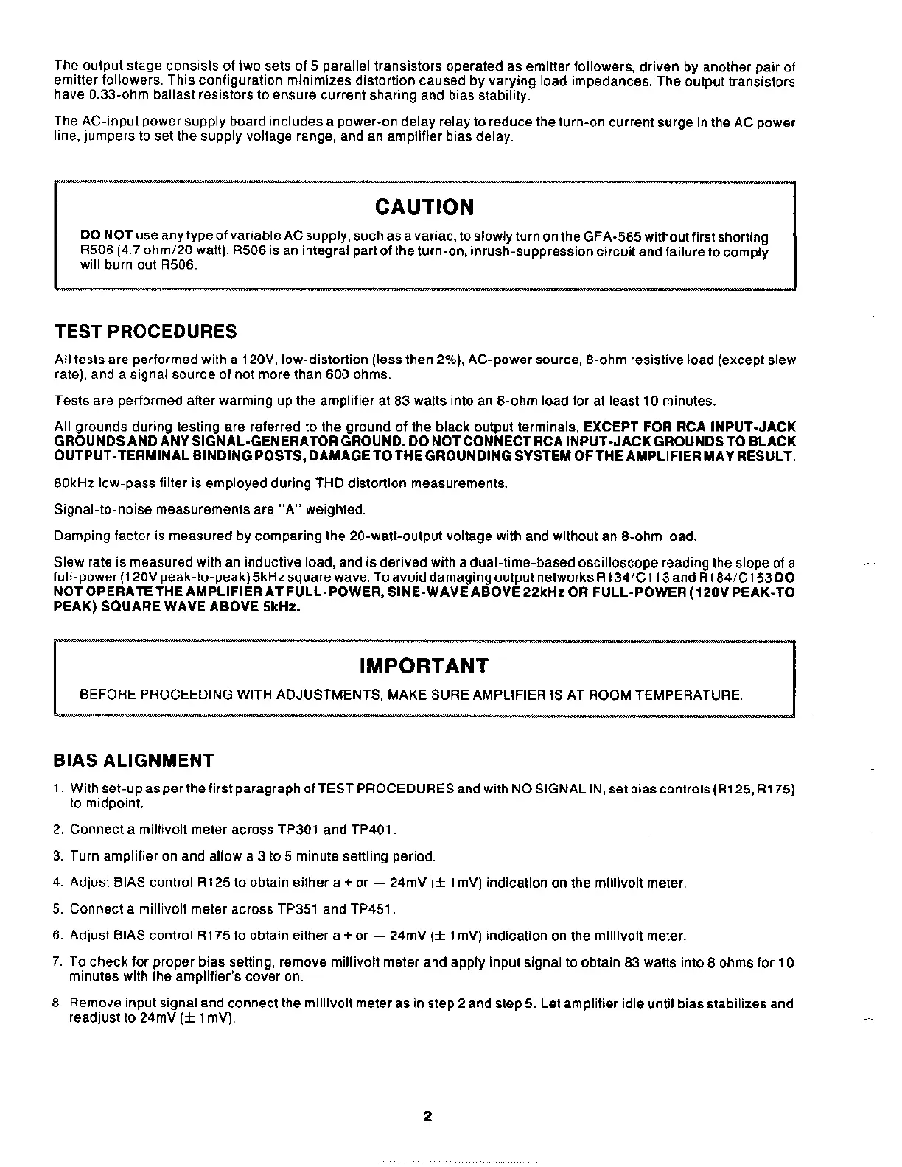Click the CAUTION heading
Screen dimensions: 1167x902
424,208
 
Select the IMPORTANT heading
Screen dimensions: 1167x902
424,666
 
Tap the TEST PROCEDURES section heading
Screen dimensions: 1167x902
146,332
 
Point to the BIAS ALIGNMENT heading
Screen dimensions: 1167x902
134,760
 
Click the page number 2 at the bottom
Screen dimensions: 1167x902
427,1116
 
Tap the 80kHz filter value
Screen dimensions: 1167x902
73,483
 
